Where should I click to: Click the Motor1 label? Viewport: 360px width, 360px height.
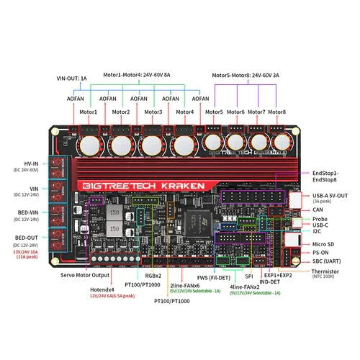click(89, 112)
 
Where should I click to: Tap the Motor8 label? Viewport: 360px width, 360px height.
click(276, 112)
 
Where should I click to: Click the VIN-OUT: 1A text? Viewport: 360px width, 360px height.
click(72, 78)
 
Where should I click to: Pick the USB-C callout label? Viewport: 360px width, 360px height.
click(320, 225)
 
